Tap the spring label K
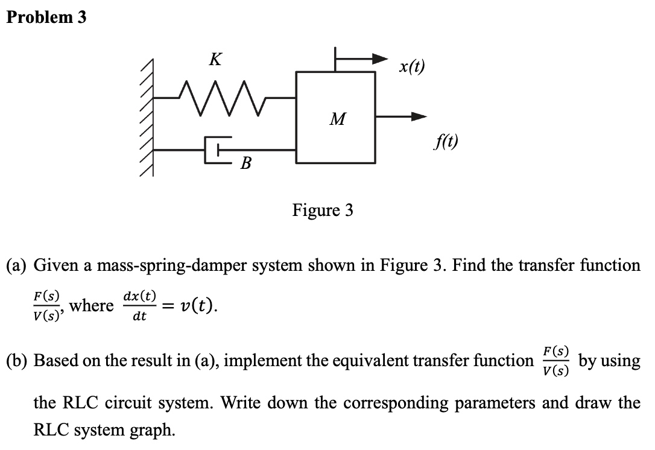click(x=214, y=60)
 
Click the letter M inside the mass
click(x=337, y=119)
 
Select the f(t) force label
click(x=445, y=142)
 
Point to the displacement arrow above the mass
click(x=362, y=59)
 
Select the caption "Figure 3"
click(x=323, y=211)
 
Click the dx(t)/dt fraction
click(x=139, y=305)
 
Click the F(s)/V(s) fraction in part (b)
click(x=554, y=361)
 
